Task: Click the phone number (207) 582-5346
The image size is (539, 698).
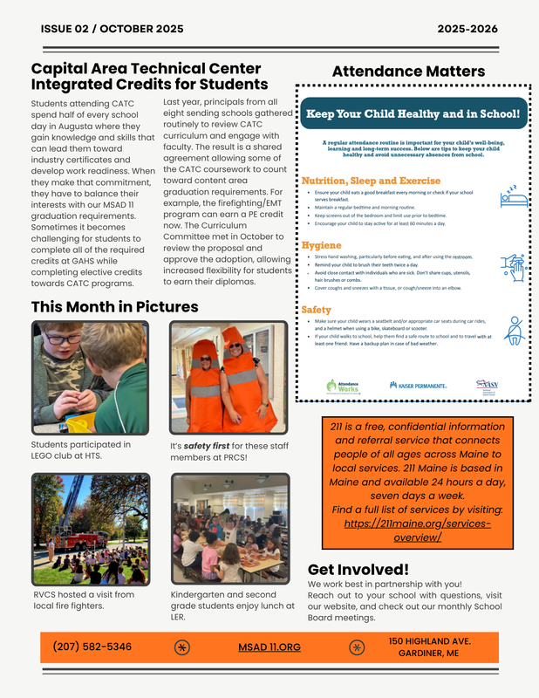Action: (x=92, y=647)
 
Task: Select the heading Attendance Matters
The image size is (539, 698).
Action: (x=408, y=72)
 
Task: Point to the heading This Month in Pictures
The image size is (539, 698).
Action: (x=114, y=307)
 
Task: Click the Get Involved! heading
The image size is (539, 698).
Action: (x=358, y=569)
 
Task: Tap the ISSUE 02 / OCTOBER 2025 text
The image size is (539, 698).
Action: (x=112, y=29)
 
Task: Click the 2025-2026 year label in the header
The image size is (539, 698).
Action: (x=467, y=29)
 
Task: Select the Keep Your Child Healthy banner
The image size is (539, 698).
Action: (x=413, y=113)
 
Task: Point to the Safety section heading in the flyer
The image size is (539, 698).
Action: (x=316, y=310)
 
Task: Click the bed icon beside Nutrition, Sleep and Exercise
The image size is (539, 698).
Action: (x=513, y=195)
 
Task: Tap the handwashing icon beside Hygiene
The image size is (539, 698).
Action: (x=513, y=265)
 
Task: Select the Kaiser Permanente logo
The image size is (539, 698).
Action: (x=418, y=384)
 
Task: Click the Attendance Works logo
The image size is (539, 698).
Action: (x=343, y=385)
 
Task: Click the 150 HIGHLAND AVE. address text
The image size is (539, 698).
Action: (x=428, y=640)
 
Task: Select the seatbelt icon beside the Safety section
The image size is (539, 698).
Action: (x=515, y=331)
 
